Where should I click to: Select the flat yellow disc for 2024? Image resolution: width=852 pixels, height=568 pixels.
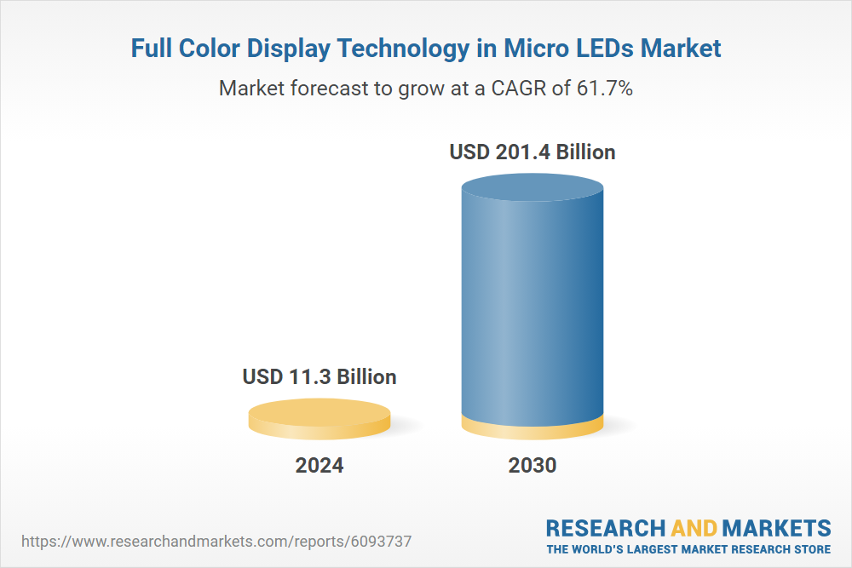click(319, 418)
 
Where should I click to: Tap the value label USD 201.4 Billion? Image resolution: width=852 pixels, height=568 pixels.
click(532, 152)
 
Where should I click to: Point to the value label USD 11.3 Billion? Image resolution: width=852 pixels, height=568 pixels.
click(319, 376)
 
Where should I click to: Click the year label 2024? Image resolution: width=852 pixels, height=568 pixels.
click(319, 466)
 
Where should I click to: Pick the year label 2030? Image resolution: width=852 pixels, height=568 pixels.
click(532, 466)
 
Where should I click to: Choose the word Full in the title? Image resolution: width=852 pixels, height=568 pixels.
click(152, 49)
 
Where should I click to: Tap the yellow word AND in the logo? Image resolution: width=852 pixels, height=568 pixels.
click(696, 527)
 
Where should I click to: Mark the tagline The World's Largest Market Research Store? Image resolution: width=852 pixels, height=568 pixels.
click(688, 549)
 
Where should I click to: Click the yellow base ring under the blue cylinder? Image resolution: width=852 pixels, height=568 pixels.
click(532, 427)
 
